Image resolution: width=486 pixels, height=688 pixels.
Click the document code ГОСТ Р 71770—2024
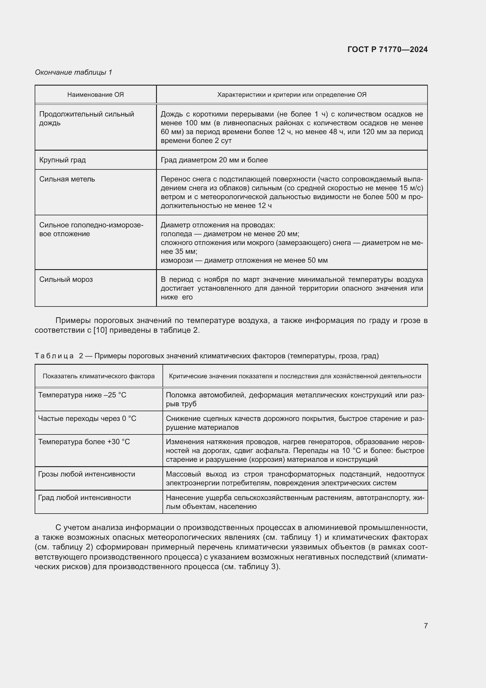(x=387, y=49)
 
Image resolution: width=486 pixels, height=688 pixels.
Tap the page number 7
(x=425, y=626)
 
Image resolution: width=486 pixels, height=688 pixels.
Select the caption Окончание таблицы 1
(x=73, y=72)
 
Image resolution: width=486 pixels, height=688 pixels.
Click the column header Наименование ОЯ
(x=95, y=95)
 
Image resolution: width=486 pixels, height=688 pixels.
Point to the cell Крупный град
(x=63, y=160)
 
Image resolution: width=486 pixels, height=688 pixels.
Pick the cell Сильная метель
(x=67, y=179)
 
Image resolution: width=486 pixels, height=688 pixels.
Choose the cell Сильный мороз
(x=66, y=279)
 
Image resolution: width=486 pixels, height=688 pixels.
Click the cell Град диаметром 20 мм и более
(x=214, y=160)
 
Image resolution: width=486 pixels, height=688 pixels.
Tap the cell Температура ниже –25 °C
(x=82, y=395)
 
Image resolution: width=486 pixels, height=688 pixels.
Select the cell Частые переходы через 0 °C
(x=87, y=419)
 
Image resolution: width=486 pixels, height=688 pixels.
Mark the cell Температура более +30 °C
(x=84, y=442)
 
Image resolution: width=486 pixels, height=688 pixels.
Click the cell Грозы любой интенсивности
(x=86, y=474)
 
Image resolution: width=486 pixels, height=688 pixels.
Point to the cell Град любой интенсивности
(x=84, y=498)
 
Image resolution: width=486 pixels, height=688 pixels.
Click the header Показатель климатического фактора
(x=98, y=376)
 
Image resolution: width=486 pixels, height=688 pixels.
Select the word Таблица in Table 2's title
(x=54, y=356)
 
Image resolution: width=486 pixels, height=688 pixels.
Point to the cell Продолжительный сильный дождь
(x=86, y=118)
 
